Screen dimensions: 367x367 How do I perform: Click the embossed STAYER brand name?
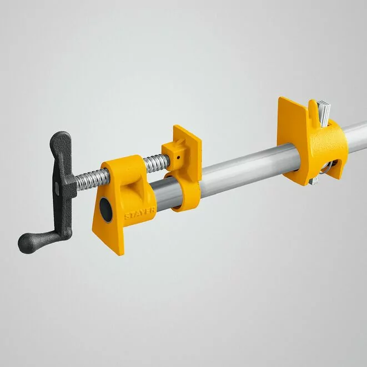click(140, 213)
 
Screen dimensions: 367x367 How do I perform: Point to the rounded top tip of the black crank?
click(61, 134)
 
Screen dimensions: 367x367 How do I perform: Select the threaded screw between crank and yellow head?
click(92, 180)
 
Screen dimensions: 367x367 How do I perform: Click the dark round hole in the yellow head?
click(106, 210)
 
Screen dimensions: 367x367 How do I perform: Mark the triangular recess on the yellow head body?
click(135, 187)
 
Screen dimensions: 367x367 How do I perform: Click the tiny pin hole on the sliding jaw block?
click(178, 158)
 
